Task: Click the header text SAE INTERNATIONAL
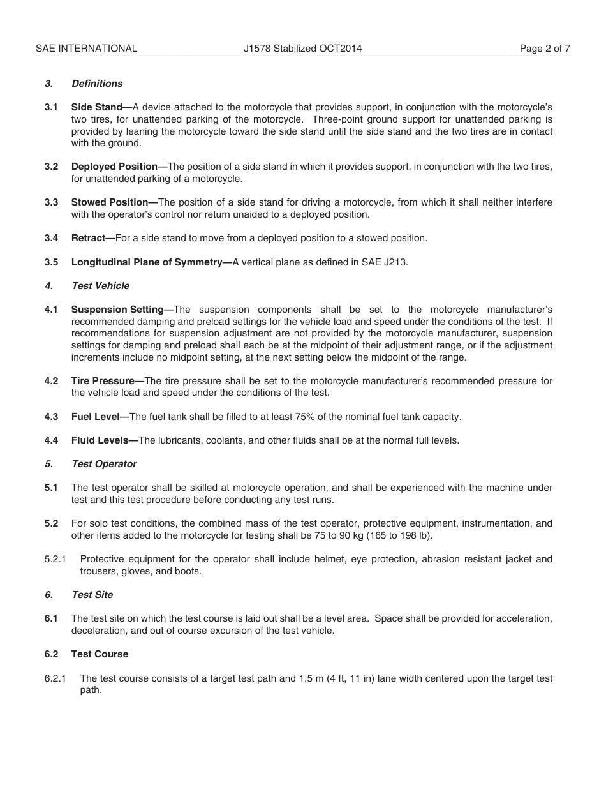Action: [86, 48]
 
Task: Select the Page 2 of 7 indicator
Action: [545, 48]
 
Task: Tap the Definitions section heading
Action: [97, 84]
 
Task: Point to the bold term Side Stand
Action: [96, 107]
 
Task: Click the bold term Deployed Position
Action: [114, 167]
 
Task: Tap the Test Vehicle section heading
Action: [100, 286]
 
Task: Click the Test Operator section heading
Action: [104, 464]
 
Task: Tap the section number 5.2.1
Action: [55, 559]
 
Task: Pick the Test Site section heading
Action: [92, 595]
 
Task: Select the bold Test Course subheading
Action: [100, 654]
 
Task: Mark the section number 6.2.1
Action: [55, 678]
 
